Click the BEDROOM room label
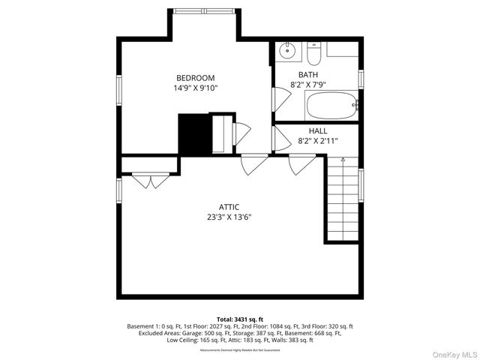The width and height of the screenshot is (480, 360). tap(195, 78)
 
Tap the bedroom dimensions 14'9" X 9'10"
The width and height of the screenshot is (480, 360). tap(195, 88)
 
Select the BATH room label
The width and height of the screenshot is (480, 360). tap(307, 75)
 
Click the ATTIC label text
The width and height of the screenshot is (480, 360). tap(229, 207)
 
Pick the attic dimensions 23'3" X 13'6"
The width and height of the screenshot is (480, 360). tap(229, 217)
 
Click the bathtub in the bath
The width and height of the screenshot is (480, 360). tap(333, 106)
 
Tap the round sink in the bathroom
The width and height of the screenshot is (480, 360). tap(286, 52)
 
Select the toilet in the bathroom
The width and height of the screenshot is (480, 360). tap(313, 53)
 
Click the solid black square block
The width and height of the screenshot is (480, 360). tap(193, 134)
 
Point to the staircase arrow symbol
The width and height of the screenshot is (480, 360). tap(343, 160)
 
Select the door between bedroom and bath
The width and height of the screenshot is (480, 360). tap(277, 99)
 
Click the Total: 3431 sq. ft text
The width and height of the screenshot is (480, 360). tap(240, 319)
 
